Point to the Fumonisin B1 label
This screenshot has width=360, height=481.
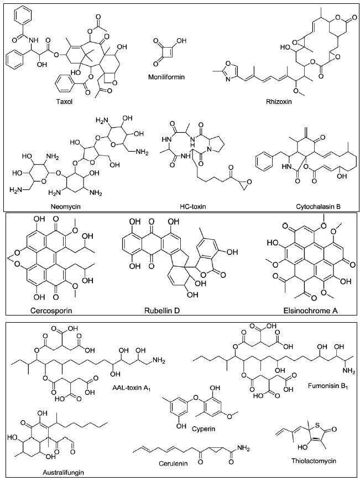pyautogui.click(x=322, y=388)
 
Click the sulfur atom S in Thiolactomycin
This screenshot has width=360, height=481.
pyautogui.click(x=316, y=422)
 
